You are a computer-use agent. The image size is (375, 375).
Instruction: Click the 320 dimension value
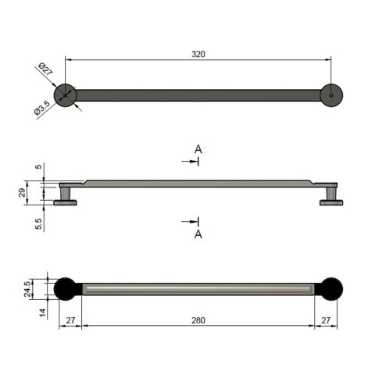198,54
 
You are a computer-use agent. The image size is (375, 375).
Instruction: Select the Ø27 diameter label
45,69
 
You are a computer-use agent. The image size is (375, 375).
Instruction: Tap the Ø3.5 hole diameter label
42,108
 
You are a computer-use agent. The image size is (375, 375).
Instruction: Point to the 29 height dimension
22,193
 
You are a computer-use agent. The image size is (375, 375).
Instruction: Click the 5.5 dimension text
38,224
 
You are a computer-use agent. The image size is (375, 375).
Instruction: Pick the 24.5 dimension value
27,289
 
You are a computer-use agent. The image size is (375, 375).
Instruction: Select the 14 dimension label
42,312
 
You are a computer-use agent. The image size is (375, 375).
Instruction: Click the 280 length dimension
198,320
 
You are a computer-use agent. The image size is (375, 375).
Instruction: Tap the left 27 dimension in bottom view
70,320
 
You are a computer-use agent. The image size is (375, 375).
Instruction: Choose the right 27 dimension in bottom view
326,320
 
